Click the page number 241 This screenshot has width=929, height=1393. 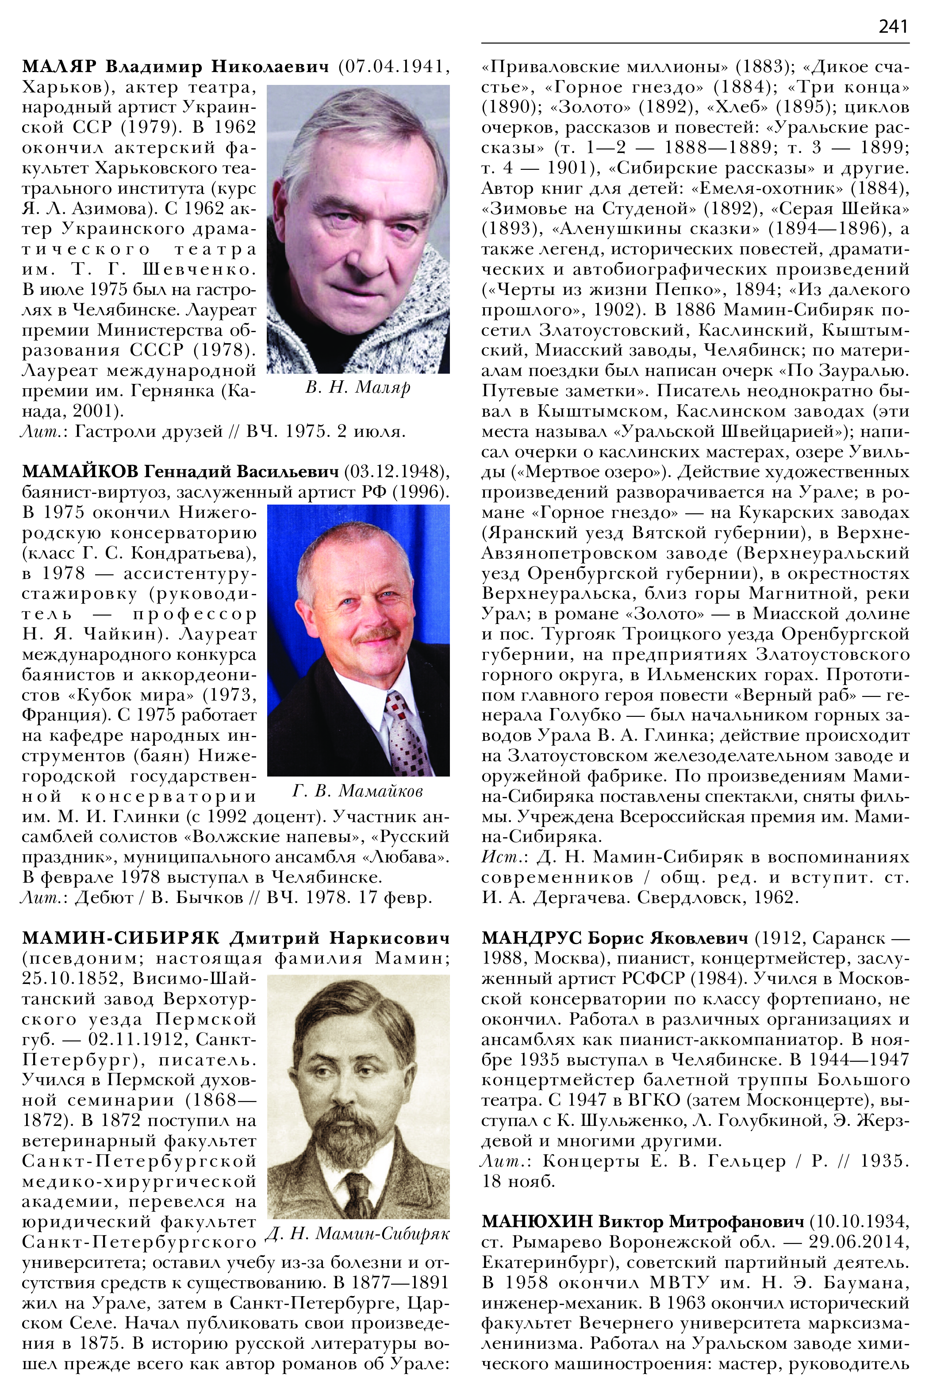point(893,27)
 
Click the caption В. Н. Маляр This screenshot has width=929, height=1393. point(358,387)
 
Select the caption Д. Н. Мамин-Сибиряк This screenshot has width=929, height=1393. point(358,1234)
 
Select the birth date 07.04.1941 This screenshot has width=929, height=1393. point(395,67)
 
